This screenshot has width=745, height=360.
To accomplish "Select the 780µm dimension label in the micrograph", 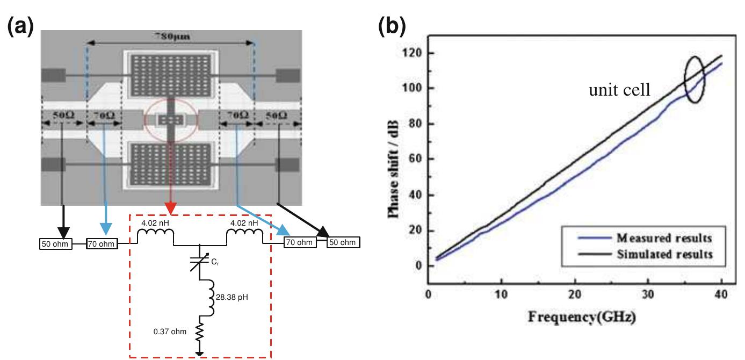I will pyautogui.click(x=170, y=37).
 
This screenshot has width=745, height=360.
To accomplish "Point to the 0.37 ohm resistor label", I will pyautogui.click(x=169, y=332).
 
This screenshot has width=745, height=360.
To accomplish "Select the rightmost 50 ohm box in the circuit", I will pyautogui.click(x=343, y=242).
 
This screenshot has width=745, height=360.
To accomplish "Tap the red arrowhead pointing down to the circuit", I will pyautogui.click(x=170, y=208).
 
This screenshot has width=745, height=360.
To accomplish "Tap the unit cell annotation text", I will pyautogui.click(x=619, y=90).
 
